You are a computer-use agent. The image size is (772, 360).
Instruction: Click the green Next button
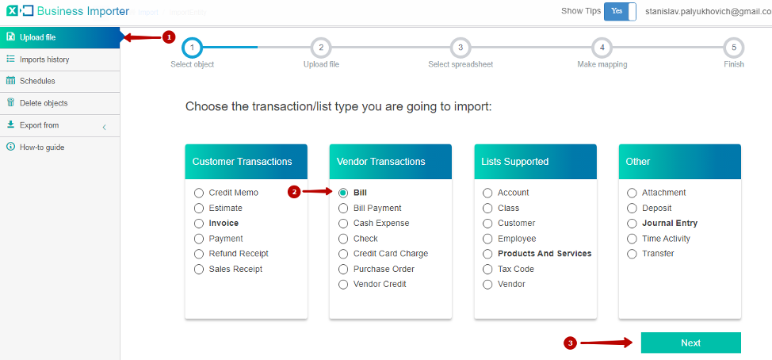click(691, 343)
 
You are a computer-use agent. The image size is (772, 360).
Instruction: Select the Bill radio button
click(343, 193)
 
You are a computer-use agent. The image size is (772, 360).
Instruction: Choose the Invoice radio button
click(199, 224)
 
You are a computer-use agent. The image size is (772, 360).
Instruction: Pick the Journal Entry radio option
click(632, 224)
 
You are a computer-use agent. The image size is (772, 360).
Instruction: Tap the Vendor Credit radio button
click(343, 285)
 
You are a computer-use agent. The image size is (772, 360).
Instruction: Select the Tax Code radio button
click(487, 270)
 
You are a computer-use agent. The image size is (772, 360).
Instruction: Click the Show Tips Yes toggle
click(620, 11)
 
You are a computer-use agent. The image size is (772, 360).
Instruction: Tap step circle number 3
click(461, 48)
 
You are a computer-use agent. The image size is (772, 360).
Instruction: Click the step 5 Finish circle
click(734, 48)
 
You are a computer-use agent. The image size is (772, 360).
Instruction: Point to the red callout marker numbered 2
click(294, 193)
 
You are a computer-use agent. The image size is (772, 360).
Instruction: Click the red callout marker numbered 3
click(570, 344)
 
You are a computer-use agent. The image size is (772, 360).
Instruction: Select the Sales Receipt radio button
click(199, 270)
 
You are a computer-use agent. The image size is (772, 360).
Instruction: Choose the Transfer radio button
click(632, 254)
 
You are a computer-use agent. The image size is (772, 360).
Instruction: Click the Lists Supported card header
click(535, 162)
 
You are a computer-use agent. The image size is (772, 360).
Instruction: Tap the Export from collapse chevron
click(105, 128)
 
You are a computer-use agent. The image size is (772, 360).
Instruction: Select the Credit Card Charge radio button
click(343, 254)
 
